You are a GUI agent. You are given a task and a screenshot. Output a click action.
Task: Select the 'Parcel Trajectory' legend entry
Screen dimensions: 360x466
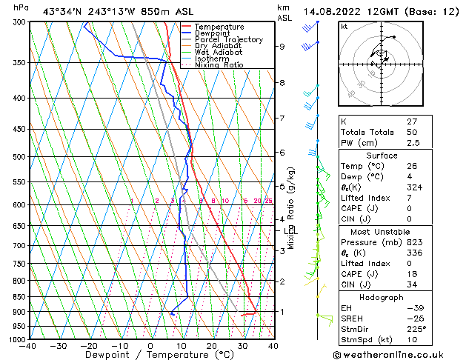coord(228,39)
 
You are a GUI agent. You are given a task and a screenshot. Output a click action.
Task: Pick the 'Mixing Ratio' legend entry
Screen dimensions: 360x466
coord(219,65)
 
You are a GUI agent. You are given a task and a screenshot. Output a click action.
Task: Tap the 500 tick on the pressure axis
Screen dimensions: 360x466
coord(20,157)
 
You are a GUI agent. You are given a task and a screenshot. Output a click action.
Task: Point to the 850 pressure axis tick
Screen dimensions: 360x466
coord(20,297)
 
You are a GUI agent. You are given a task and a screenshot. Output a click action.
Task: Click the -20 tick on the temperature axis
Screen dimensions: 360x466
coord(88,345)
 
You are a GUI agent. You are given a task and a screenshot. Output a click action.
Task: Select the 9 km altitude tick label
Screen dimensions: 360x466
coord(282,46)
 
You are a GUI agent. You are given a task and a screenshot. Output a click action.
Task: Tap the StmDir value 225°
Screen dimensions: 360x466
coord(416,329)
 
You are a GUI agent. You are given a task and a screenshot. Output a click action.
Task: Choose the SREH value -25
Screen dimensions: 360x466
coord(413,318)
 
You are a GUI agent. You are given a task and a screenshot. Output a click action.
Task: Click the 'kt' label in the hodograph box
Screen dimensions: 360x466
coord(344,26)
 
